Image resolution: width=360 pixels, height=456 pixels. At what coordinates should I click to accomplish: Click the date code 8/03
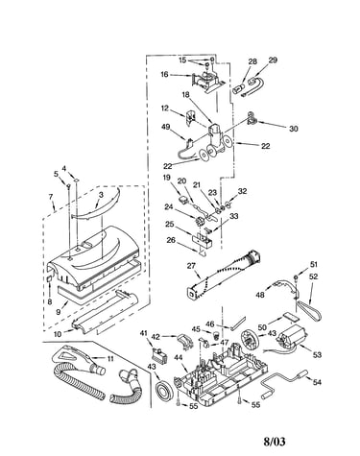click(275, 442)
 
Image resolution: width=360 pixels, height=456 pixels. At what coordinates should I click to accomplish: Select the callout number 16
click(164, 75)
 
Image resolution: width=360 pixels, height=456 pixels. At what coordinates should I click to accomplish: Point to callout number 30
click(293, 129)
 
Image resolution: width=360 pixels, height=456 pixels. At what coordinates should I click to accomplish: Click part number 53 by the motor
click(317, 354)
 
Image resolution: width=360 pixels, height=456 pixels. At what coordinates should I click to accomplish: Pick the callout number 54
click(317, 382)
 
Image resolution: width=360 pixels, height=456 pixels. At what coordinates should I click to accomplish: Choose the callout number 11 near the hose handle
click(110, 359)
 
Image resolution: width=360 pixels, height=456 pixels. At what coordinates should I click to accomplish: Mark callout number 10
click(58, 334)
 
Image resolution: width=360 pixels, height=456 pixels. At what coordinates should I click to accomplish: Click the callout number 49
click(166, 127)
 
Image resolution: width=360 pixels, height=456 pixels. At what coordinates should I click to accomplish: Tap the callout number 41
click(144, 333)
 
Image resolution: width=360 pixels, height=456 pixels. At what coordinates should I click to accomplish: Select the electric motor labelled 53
click(293, 340)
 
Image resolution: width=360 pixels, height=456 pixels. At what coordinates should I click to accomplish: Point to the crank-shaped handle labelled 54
click(283, 383)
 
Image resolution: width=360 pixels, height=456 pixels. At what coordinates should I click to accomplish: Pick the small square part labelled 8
click(49, 279)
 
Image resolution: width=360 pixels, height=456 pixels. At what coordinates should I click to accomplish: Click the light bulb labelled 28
click(239, 87)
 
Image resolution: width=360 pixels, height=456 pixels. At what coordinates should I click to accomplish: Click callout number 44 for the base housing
click(179, 358)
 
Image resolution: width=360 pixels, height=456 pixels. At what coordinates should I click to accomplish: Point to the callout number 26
click(171, 239)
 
